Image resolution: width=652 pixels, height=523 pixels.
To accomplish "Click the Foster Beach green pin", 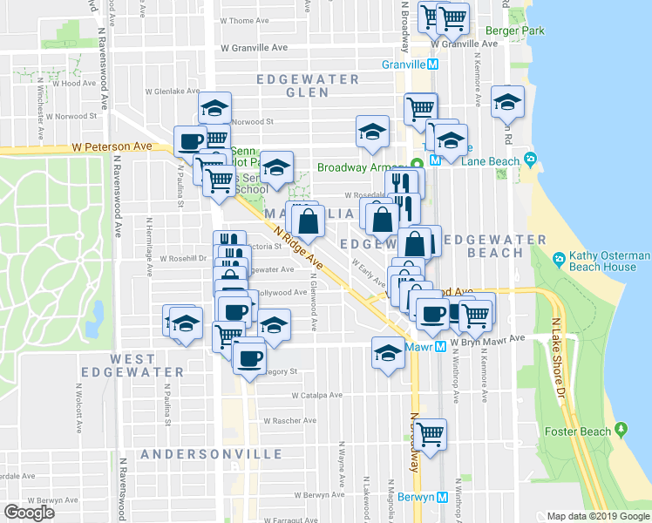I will coord(621,430).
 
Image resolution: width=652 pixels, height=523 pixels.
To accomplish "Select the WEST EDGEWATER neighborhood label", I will coord(133,365).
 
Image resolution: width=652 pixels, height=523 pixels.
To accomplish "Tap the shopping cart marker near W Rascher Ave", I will coord(429,432).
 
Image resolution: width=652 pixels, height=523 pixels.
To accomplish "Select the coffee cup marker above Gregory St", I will coord(249,357).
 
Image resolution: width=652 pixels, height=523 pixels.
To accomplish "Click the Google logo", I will coord(30,513).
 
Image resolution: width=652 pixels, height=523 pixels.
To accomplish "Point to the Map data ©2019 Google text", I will coord(597,516).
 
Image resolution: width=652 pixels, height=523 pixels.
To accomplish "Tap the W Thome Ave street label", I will coord(244,20).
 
